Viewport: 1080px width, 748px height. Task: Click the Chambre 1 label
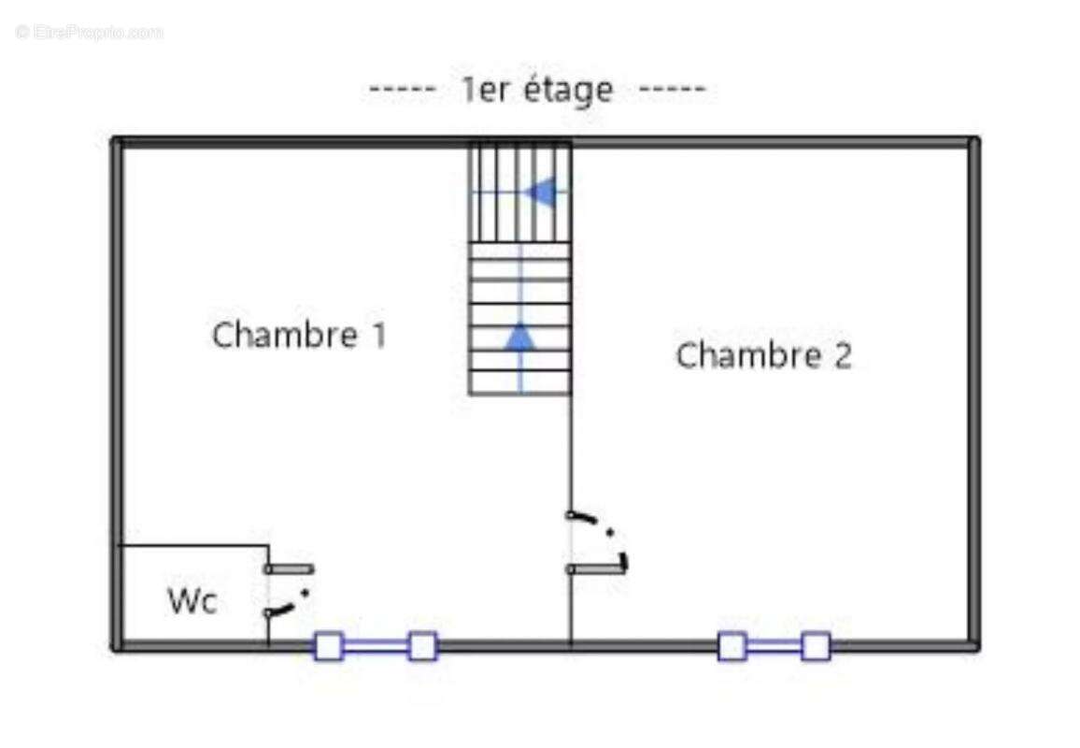point(299,335)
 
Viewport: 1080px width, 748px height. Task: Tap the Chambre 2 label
point(763,356)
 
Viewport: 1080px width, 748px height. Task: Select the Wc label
point(192,601)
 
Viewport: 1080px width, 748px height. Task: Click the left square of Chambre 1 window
point(328,646)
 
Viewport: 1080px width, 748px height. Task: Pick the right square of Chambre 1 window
point(422,646)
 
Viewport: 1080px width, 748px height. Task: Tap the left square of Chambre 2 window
point(732,646)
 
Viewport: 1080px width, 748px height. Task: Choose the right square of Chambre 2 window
point(816,646)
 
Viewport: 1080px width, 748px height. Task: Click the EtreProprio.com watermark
point(90,33)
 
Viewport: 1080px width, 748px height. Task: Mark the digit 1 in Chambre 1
point(377,335)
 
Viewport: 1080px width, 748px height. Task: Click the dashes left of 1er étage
point(403,91)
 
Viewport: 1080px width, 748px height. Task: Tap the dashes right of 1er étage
point(672,91)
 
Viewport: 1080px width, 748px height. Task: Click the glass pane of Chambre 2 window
point(774,646)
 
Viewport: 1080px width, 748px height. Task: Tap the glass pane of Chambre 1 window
point(376,646)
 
